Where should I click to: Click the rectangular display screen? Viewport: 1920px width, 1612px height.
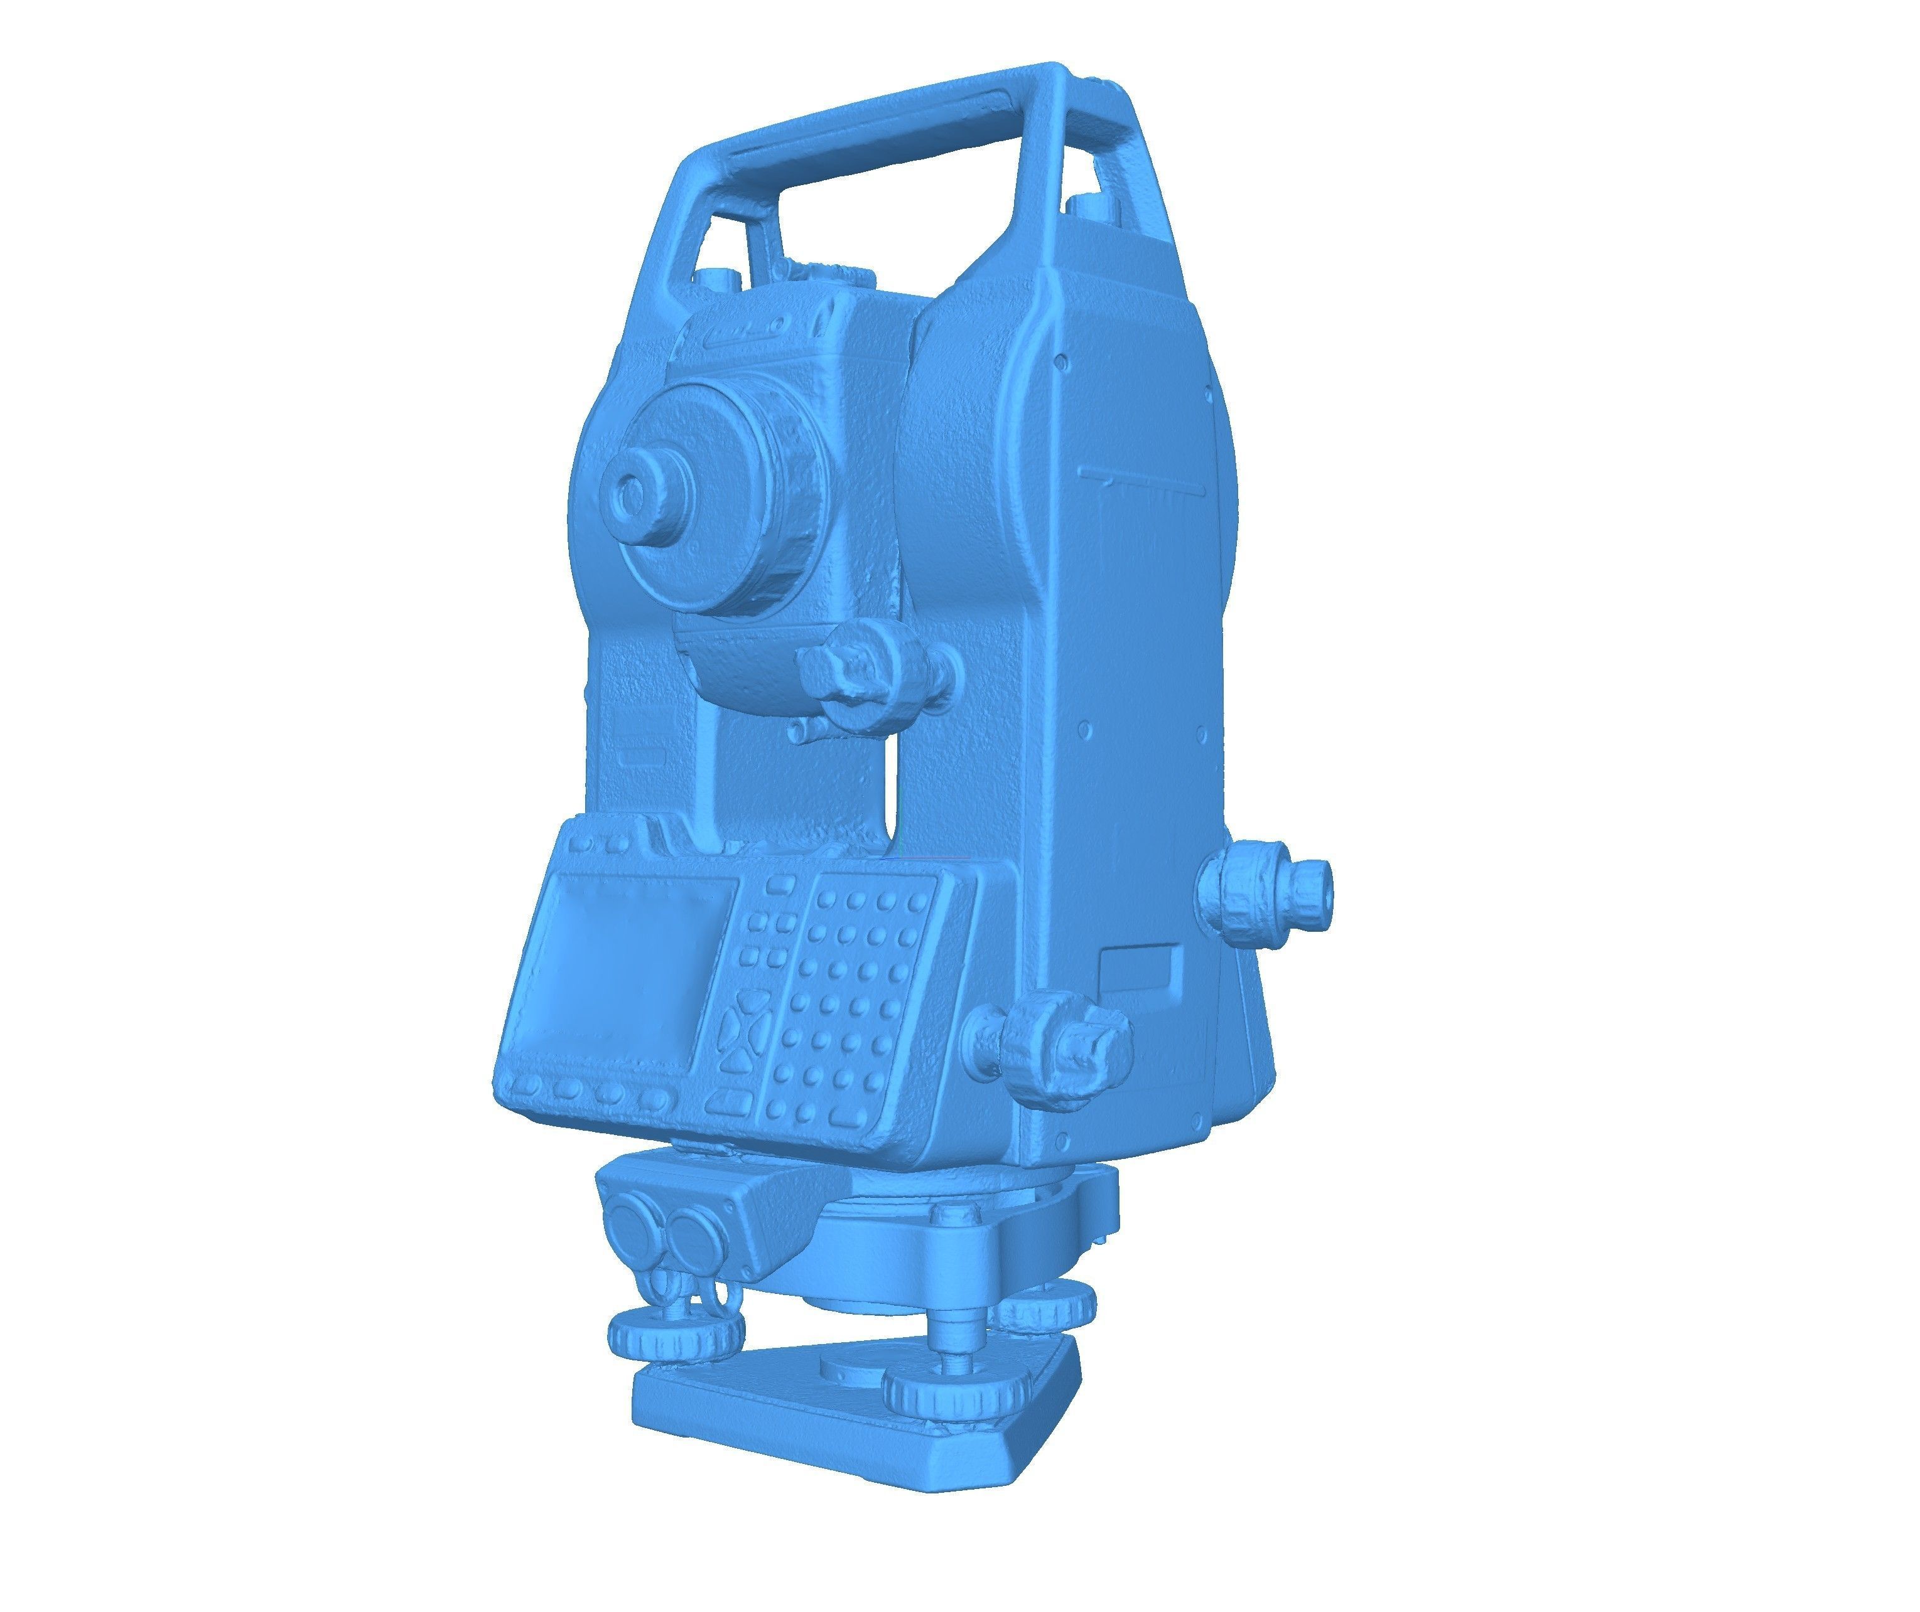(x=625, y=969)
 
